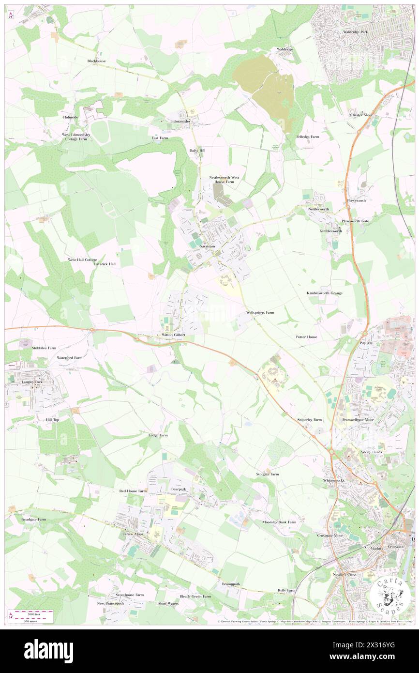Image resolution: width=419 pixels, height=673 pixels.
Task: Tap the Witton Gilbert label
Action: click(x=173, y=335)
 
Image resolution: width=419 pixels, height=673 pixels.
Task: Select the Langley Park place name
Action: click(x=32, y=382)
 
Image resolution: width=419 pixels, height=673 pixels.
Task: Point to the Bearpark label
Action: click(x=179, y=489)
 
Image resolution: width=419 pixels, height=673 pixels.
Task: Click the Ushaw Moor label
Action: click(x=133, y=534)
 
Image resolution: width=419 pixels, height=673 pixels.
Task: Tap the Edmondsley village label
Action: click(x=180, y=121)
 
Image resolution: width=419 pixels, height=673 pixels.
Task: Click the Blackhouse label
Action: click(x=96, y=61)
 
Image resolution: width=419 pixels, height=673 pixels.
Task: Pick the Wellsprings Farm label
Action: click(x=260, y=313)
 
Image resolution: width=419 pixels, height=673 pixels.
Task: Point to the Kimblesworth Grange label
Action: click(x=324, y=293)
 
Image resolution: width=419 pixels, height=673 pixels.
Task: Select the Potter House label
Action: click(x=306, y=336)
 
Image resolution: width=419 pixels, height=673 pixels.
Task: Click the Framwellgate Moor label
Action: click(x=358, y=420)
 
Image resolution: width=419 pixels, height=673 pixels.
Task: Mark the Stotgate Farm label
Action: click(x=267, y=474)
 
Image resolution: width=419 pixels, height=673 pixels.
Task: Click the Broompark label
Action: click(x=231, y=584)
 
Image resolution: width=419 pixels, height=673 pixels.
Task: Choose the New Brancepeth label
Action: click(x=110, y=603)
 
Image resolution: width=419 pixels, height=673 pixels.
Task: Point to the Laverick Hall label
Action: click(x=105, y=264)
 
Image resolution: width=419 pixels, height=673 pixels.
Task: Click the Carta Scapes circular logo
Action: click(x=391, y=596)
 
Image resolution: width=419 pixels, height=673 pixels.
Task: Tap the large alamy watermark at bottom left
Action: click(x=48, y=652)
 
